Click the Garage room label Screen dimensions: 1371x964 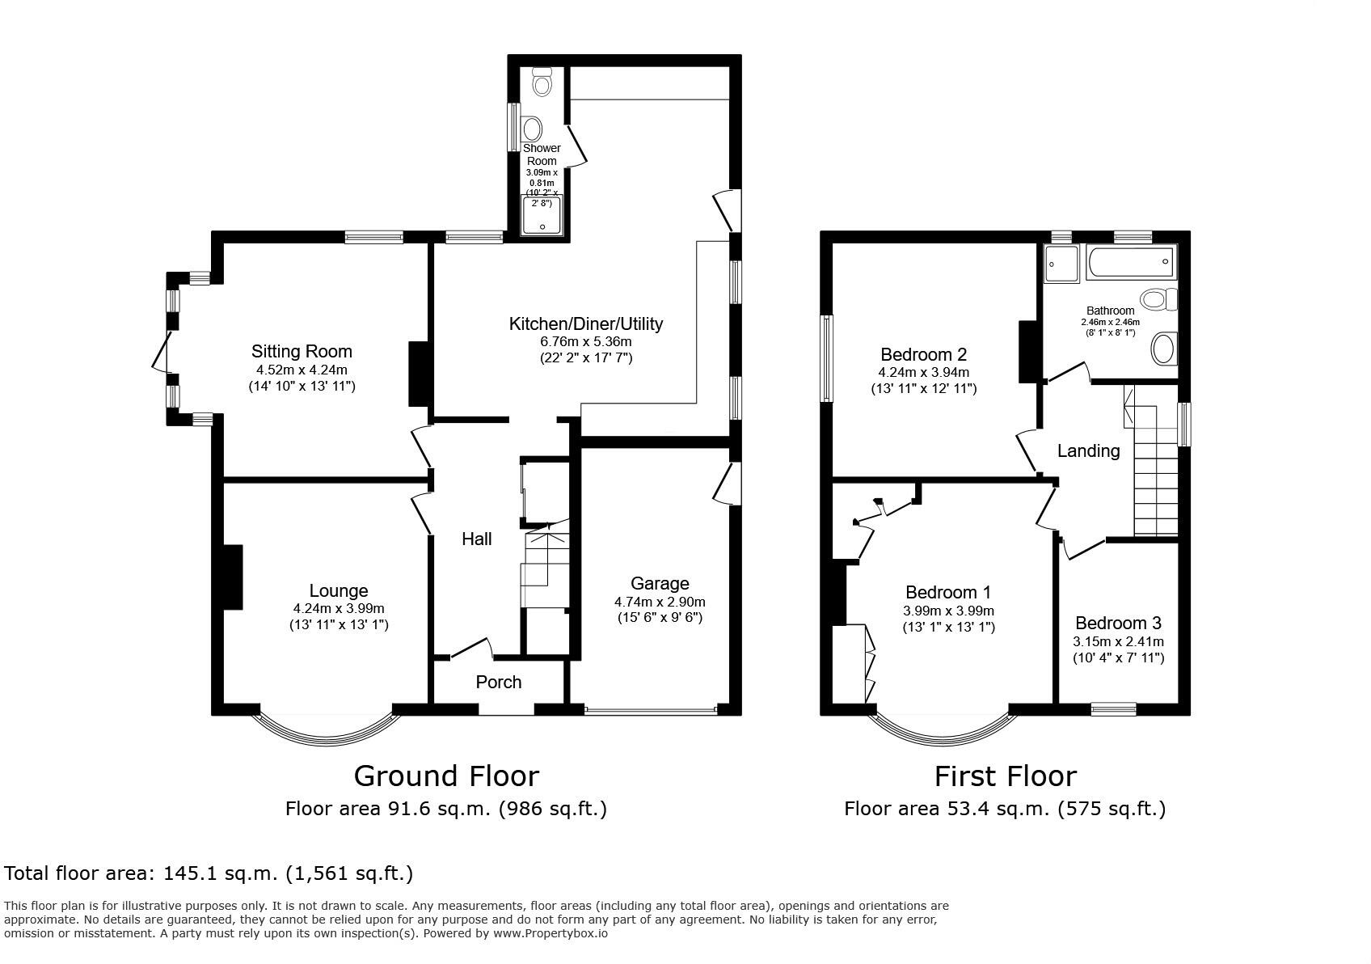[660, 583]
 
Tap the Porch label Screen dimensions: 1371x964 [499, 682]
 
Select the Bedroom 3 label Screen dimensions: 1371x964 [1118, 623]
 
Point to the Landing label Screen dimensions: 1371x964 [1089, 450]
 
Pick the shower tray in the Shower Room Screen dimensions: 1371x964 [542, 215]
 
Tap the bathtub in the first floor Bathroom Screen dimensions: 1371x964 [1131, 262]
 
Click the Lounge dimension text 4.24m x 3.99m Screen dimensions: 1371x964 [339, 609]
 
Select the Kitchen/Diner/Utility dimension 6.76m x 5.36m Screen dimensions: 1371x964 [586, 342]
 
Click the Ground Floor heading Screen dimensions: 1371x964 [447, 776]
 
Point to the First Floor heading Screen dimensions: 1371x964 [1005, 776]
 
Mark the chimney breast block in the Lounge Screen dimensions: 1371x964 [233, 577]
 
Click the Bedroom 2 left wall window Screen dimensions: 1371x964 [826, 358]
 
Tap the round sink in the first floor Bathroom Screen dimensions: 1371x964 [1163, 349]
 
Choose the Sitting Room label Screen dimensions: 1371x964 [302, 351]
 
